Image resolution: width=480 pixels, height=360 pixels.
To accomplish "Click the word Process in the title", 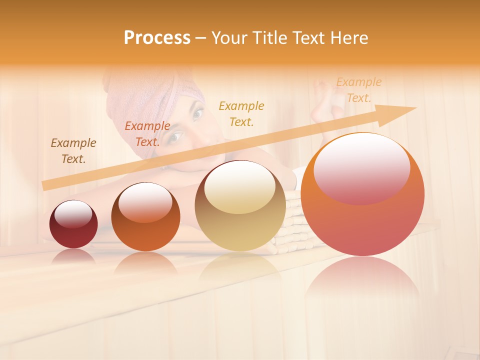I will (157, 38).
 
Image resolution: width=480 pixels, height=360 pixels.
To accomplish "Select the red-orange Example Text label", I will (147, 134).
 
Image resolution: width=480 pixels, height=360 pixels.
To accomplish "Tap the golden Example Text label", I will (241, 113).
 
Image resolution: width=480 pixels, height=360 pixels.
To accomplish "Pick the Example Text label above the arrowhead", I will (358, 89).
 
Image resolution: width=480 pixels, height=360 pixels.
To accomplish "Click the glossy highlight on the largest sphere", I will (362, 167).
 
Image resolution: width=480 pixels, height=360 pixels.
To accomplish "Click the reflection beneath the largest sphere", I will (362, 280).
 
